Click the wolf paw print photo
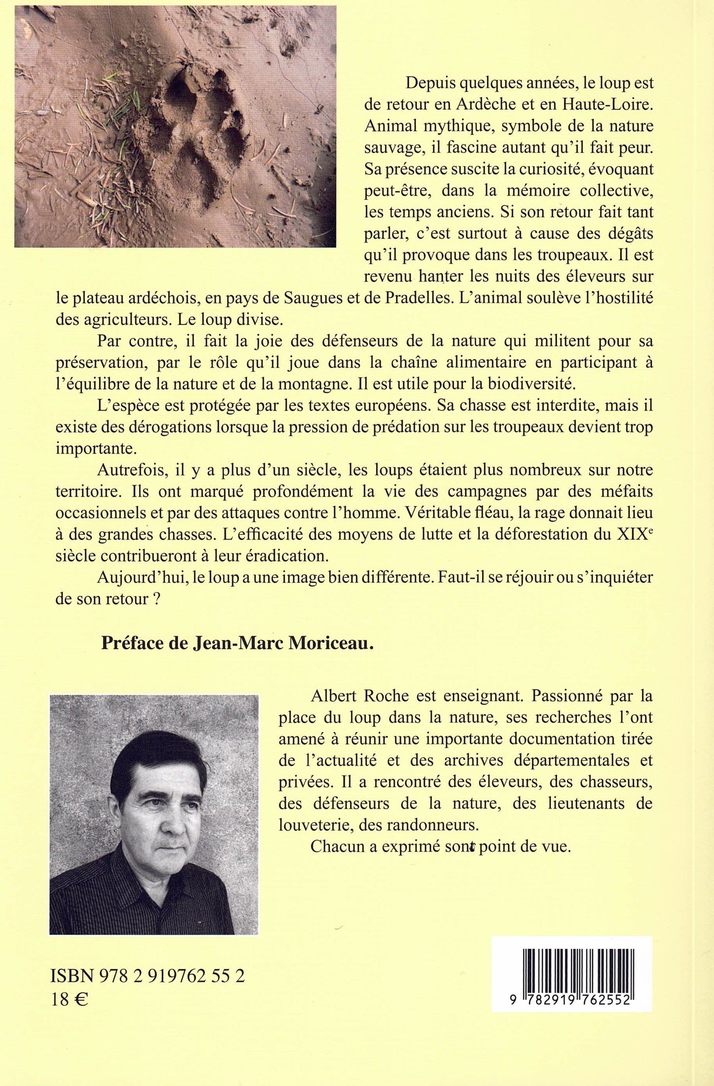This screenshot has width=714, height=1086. (175, 126)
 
